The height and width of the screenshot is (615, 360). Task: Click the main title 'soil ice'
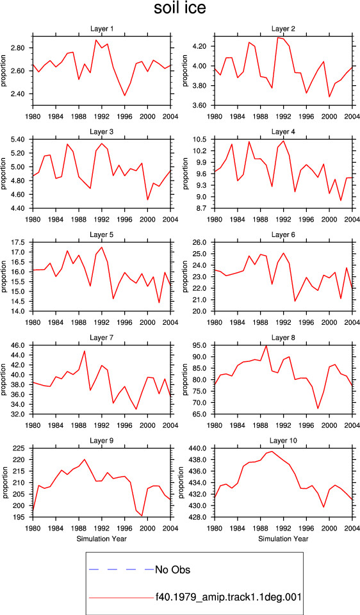(x=179, y=8)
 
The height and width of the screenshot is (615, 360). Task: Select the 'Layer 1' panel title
(x=102, y=29)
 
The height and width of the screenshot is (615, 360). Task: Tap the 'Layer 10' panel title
(x=283, y=441)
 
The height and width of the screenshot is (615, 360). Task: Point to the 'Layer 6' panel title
(x=283, y=235)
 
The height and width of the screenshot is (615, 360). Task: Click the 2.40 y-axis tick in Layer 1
(x=20, y=94)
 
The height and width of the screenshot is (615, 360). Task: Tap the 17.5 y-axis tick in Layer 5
(x=20, y=242)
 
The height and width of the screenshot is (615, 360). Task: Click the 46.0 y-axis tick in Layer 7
(x=20, y=345)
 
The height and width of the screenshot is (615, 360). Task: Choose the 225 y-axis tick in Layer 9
(x=22, y=448)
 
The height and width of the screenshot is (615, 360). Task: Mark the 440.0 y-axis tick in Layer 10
(x=200, y=448)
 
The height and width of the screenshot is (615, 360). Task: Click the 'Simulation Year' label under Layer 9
(x=102, y=539)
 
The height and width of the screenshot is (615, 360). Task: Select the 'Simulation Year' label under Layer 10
(x=283, y=539)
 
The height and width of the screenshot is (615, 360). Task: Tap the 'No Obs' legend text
(x=173, y=570)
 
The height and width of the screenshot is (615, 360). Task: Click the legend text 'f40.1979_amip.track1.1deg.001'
(x=228, y=597)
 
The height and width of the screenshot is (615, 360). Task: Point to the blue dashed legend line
(x=122, y=570)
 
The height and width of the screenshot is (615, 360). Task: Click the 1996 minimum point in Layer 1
(x=125, y=95)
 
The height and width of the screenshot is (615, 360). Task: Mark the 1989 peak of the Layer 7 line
(x=85, y=350)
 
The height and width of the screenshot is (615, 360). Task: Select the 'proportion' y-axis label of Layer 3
(x=4, y=174)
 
